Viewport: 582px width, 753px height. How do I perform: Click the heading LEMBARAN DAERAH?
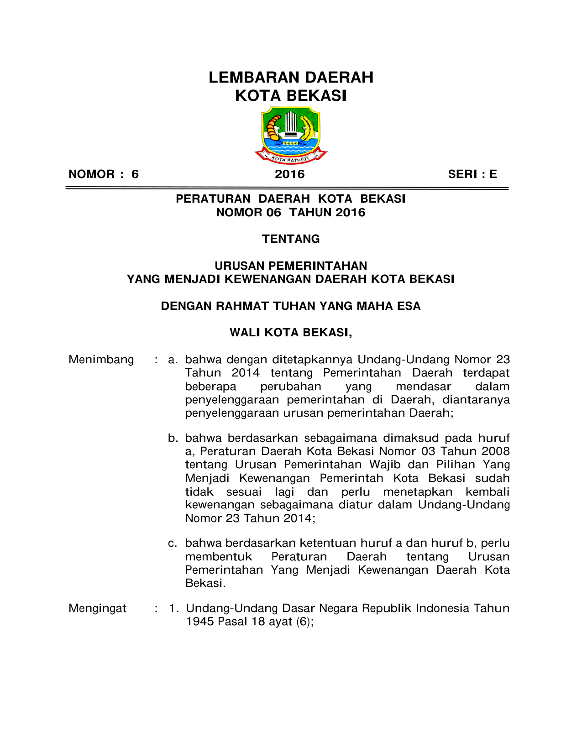(x=291, y=78)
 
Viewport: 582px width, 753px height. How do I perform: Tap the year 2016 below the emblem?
(x=289, y=174)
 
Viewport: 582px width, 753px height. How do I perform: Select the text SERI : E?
(x=472, y=174)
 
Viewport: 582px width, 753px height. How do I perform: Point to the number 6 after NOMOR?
(x=135, y=174)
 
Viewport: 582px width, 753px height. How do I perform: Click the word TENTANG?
(x=291, y=239)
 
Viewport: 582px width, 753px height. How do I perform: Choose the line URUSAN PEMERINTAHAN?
(x=291, y=266)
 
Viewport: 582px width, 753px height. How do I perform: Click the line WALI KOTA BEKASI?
(x=291, y=333)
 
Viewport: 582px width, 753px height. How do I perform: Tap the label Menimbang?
(x=101, y=360)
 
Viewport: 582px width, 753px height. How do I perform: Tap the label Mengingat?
(x=97, y=608)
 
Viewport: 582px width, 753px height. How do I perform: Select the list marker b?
(x=173, y=439)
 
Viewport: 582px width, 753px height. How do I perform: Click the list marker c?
(x=173, y=544)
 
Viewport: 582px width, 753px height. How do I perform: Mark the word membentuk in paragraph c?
(x=219, y=557)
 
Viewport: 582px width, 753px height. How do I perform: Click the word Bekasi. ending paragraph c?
(x=205, y=583)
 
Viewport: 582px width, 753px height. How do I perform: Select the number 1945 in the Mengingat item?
(x=199, y=622)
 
